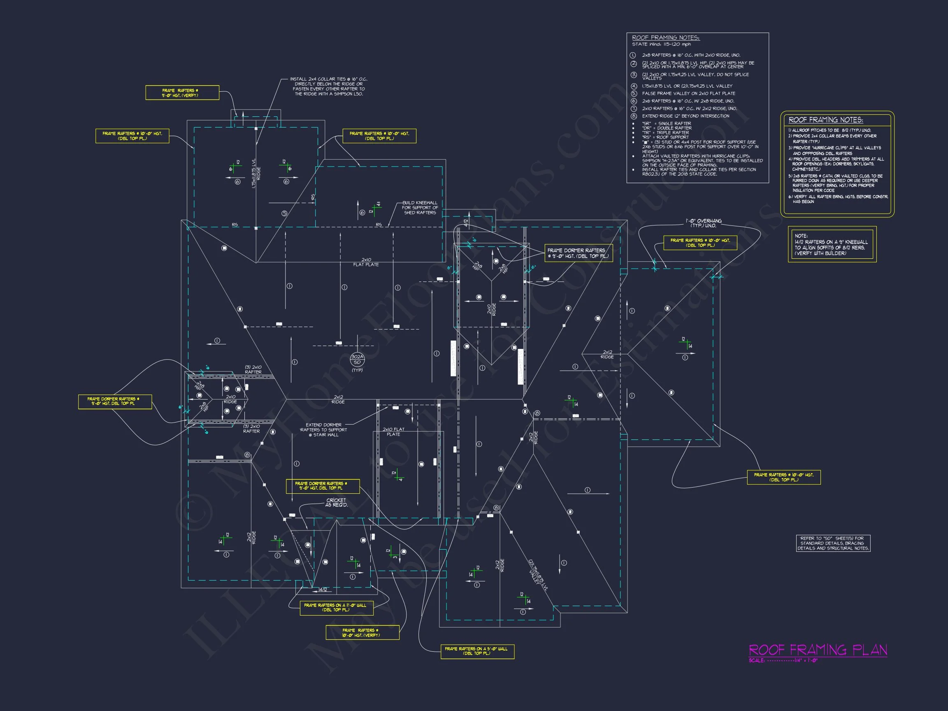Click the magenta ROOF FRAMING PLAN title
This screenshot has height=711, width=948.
click(817, 650)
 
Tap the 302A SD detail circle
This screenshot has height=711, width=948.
click(357, 359)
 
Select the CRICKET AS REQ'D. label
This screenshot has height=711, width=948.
click(336, 502)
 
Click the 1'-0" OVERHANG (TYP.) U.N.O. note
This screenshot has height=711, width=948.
click(703, 223)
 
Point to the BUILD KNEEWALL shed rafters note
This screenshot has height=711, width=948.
click(420, 207)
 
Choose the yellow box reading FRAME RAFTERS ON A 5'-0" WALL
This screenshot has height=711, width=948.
click(477, 651)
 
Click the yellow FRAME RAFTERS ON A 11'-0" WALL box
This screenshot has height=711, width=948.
click(336, 607)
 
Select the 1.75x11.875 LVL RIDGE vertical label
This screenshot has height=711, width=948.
click(256, 173)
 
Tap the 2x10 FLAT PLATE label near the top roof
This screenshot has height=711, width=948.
click(366, 262)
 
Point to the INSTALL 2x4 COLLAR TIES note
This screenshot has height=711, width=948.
click(328, 86)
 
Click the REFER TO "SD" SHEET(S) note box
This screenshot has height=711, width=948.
click(833, 543)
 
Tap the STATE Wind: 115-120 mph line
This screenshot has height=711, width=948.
click(661, 44)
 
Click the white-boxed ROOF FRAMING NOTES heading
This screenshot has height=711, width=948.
click(666, 38)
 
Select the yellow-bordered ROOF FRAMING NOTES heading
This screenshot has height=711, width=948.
click(825, 120)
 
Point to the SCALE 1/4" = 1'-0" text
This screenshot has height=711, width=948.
click(783, 660)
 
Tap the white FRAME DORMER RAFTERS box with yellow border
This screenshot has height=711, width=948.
click(578, 253)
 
